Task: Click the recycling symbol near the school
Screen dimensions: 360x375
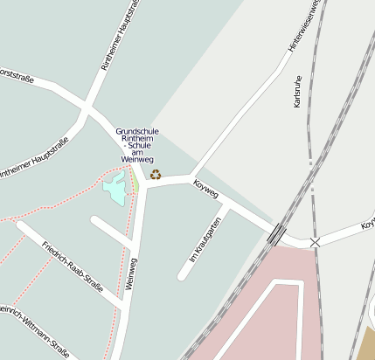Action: [x=156, y=175]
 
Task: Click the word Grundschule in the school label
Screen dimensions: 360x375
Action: [x=137, y=132]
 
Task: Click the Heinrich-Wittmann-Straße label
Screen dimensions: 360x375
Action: [x=35, y=330]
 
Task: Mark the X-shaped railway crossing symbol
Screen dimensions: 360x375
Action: [x=315, y=242]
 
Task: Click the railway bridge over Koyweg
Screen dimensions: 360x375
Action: [x=276, y=233]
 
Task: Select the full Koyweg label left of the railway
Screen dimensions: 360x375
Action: [x=205, y=189]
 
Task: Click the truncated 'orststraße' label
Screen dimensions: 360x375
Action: [x=16, y=77]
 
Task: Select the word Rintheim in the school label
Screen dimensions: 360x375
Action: [x=137, y=141]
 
